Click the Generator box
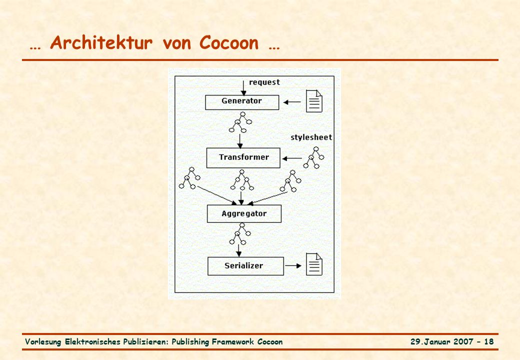242,102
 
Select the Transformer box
243,158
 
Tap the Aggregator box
244,213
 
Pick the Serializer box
245,266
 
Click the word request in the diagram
264,82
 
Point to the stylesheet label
311,137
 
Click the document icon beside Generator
313,101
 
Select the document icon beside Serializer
313,264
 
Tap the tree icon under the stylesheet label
313,157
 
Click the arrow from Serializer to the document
293,265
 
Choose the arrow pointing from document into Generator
292,102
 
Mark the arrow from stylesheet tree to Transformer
292,158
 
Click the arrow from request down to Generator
244,88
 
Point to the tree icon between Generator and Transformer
240,122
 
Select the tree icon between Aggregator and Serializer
240,234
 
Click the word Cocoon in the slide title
229,43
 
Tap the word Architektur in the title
101,43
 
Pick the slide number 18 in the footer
489,342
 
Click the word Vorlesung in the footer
43,342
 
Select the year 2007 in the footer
463,342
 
